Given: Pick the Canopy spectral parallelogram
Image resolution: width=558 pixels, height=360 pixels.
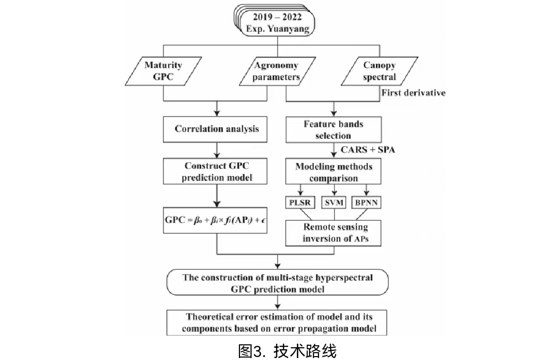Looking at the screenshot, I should pyautogui.click(x=379, y=72).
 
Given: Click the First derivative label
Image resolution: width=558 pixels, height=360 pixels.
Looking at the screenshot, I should pyautogui.click(x=413, y=93).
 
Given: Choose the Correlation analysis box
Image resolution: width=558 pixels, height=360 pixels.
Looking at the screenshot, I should pyautogui.click(x=217, y=129).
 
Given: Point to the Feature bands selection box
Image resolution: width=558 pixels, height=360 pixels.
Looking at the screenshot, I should pyautogui.click(x=333, y=130).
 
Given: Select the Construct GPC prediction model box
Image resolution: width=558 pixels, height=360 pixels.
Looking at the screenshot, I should pyautogui.click(x=217, y=172).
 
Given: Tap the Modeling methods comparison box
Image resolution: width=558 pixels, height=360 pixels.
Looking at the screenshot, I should pyautogui.click(x=334, y=172).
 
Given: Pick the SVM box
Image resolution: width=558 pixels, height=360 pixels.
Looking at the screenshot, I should pyautogui.click(x=334, y=202).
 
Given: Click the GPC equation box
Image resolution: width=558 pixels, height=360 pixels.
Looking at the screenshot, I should pyautogui.click(x=217, y=220).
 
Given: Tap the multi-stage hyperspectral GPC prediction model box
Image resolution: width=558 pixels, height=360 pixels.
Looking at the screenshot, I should pyautogui.click(x=277, y=284).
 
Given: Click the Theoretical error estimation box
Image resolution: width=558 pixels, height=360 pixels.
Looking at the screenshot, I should pyautogui.click(x=277, y=323).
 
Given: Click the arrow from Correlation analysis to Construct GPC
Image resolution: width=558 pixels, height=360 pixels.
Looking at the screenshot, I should pyautogui.click(x=217, y=149).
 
